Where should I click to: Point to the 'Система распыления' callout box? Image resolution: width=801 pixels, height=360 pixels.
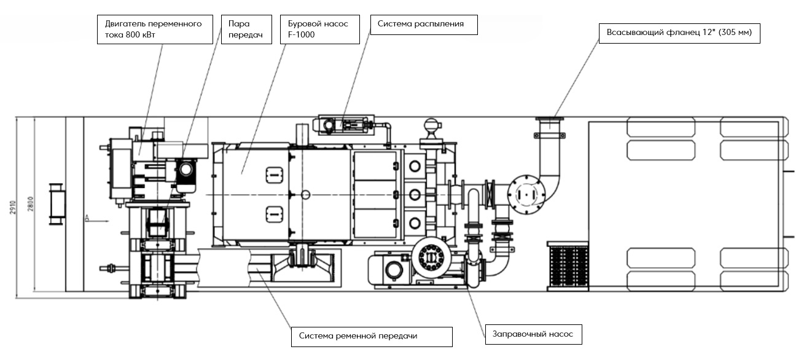click(x=424, y=25)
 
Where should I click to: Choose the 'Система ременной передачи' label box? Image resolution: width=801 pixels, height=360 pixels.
click(x=372, y=337)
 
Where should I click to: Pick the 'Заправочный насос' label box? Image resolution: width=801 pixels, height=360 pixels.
click(x=533, y=334)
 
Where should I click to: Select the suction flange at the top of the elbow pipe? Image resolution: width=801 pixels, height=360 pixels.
click(x=550, y=120)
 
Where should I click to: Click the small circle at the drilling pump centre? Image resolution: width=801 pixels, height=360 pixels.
click(x=307, y=195)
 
